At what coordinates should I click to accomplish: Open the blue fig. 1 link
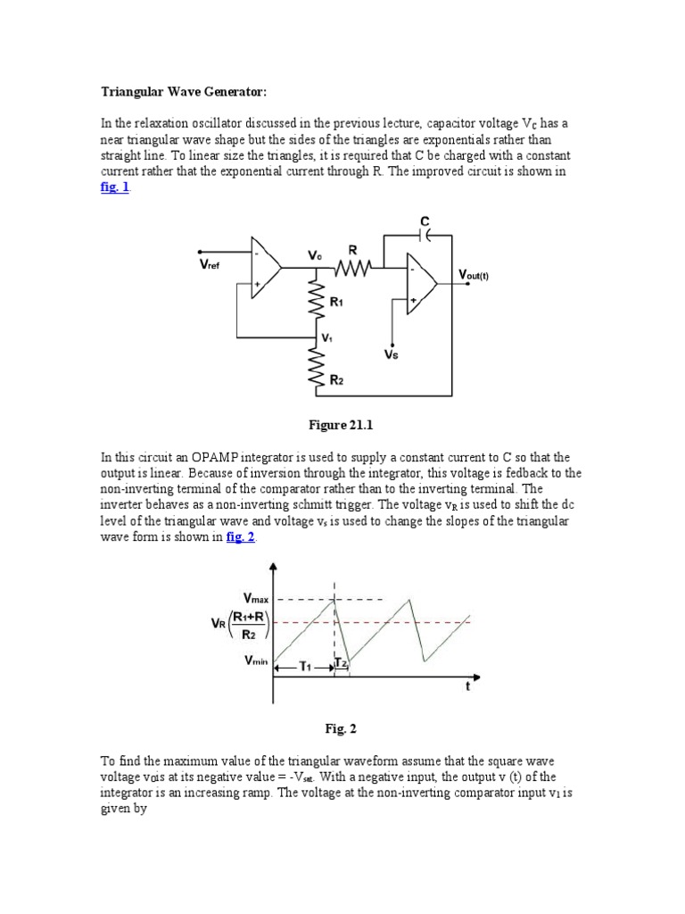[x=114, y=187]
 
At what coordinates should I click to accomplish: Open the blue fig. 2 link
[x=241, y=536]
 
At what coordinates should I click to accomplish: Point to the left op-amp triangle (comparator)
[x=265, y=266]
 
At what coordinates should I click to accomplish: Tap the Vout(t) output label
[x=473, y=276]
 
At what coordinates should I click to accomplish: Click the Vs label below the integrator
[x=391, y=354]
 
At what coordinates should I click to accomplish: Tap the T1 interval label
[x=304, y=666]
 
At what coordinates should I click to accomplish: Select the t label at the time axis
[x=467, y=686]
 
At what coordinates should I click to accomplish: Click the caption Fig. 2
[x=342, y=727]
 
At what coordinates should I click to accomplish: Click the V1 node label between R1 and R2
[x=327, y=338]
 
